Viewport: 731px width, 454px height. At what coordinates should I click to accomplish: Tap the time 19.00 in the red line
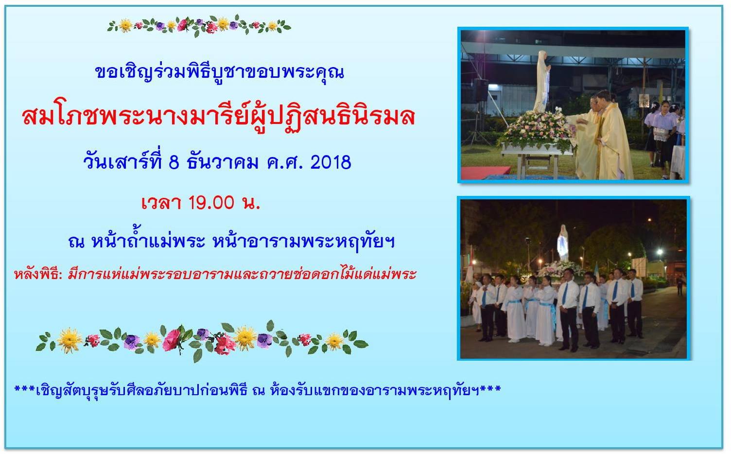[211, 203]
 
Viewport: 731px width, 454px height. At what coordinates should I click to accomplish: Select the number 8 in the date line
[174, 162]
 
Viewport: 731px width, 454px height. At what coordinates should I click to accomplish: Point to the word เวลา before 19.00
[161, 203]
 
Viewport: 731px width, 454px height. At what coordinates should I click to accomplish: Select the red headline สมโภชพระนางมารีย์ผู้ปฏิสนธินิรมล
[218, 117]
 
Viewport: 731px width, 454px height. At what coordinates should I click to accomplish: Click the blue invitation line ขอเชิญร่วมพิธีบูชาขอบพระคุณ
[220, 72]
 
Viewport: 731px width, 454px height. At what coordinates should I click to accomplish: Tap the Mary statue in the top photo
[542, 81]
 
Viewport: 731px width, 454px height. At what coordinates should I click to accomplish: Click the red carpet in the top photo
[485, 173]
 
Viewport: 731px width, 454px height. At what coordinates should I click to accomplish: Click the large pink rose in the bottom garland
[172, 340]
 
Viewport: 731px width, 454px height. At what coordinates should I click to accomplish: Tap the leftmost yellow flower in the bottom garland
[69, 341]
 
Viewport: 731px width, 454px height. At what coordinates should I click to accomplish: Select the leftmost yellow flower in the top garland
[125, 25]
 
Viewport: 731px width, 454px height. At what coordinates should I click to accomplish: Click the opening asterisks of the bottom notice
[25, 389]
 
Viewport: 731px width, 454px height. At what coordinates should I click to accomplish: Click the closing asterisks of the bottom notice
[490, 389]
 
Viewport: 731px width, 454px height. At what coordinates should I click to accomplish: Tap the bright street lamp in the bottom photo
[660, 252]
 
